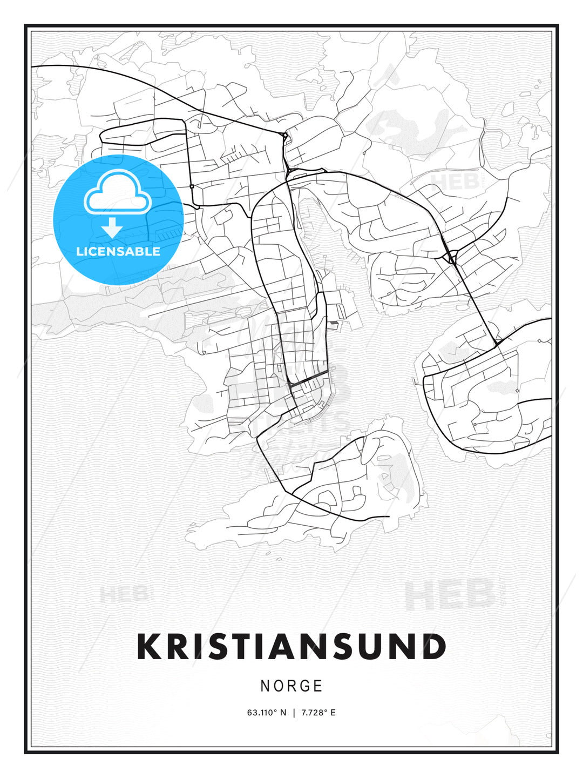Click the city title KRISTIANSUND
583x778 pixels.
click(291, 647)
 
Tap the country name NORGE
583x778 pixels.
click(291, 686)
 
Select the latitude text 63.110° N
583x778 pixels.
click(267, 713)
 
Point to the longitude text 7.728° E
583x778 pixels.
click(318, 713)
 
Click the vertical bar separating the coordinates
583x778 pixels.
click(294, 713)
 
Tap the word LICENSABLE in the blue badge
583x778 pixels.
click(118, 251)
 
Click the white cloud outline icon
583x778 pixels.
click(117, 192)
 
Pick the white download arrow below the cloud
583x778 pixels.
click(112, 228)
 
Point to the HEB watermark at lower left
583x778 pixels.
click(123, 594)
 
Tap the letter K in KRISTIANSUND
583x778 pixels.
click(149, 647)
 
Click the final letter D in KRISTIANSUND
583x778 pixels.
click(433, 647)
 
